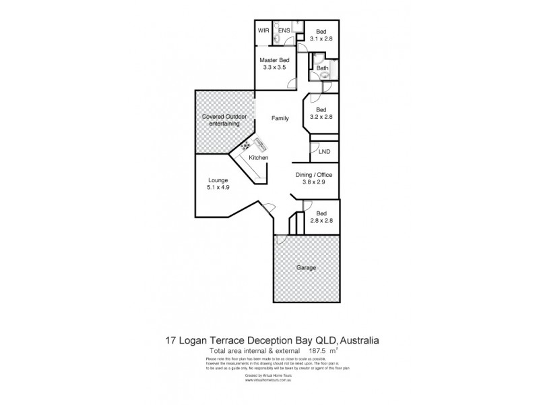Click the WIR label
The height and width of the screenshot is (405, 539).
coord(263,30)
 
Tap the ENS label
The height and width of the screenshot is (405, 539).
coord(284,30)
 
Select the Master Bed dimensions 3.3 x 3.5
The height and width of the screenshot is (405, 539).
coord(274,68)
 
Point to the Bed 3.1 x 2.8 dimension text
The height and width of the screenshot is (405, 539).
coord(321,38)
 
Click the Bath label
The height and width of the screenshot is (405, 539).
coord(322,68)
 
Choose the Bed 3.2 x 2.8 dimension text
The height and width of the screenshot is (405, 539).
coord(321,117)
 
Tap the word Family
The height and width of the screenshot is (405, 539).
coord(280,118)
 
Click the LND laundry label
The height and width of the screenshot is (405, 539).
coord(324,153)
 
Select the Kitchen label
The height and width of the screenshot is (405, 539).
coord(259,158)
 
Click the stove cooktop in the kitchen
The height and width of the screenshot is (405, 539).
coord(247,146)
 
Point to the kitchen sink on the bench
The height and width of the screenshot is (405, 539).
coord(259,142)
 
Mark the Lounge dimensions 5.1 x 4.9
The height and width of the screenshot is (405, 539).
coord(218,188)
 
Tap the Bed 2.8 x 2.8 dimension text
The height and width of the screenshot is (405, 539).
coord(321,220)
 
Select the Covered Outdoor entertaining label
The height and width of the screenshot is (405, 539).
coord(224,120)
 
